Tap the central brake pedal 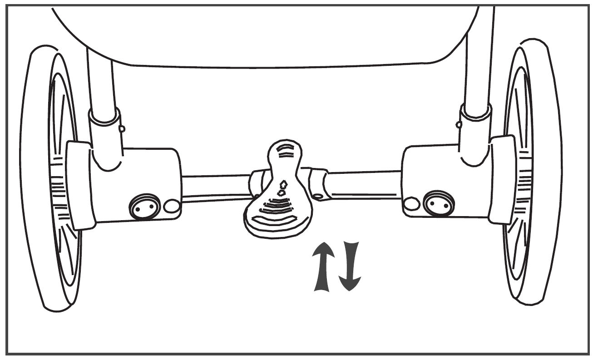(x=278, y=200)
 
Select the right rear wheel (x=531, y=173)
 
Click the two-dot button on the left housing (x=145, y=207)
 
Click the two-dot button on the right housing (x=438, y=202)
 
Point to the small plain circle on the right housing (x=411, y=204)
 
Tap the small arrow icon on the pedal (x=282, y=187)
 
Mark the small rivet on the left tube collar (x=122, y=129)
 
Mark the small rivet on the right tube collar (x=459, y=124)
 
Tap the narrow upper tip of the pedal (x=285, y=150)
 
